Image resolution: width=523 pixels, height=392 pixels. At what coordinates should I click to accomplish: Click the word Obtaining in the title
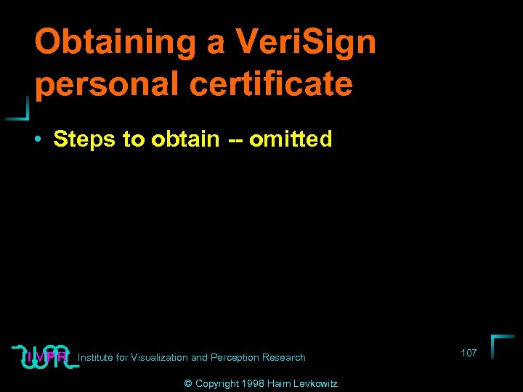112,42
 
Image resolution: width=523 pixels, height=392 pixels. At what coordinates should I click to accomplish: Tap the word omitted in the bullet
291,139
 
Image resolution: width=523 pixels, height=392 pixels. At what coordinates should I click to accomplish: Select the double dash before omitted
233,139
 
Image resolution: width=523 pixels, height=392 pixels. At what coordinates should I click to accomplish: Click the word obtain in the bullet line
185,139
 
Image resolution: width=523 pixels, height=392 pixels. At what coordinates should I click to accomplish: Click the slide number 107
469,353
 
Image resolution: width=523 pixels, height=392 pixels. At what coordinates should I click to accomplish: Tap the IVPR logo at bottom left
45,356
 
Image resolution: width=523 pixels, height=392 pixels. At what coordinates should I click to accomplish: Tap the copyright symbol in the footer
188,383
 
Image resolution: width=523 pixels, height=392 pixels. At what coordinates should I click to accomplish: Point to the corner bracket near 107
501,345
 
